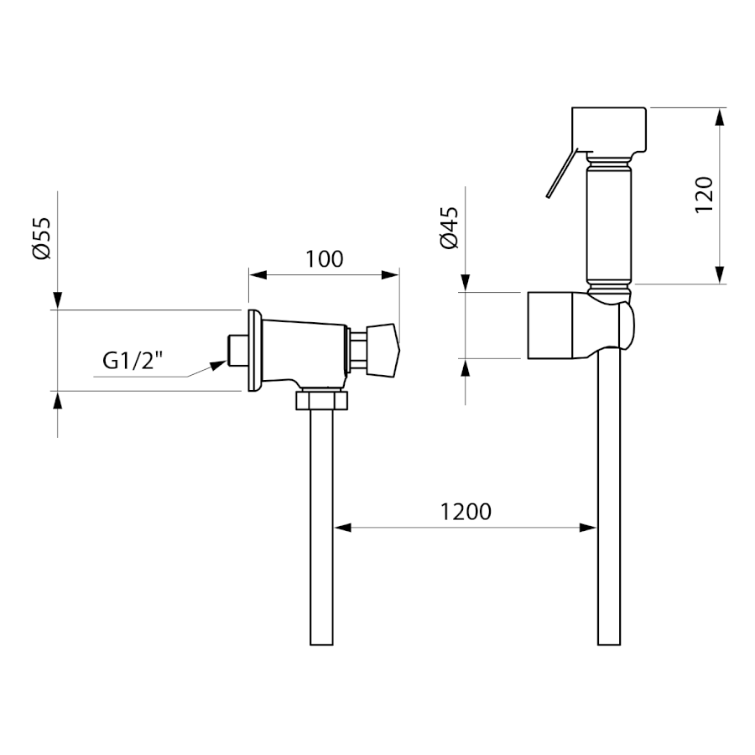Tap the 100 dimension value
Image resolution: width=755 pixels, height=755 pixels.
324,259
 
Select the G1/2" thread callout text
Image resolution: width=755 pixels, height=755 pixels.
132,361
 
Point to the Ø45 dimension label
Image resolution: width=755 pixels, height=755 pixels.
449,227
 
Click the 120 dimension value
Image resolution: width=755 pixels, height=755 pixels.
705,195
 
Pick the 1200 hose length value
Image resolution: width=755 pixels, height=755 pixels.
466,511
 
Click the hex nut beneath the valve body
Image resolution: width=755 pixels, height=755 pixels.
321,400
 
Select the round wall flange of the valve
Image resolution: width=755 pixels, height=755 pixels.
253,350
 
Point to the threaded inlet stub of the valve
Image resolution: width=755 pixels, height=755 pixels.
237,351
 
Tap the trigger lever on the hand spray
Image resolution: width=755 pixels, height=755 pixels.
559,174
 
